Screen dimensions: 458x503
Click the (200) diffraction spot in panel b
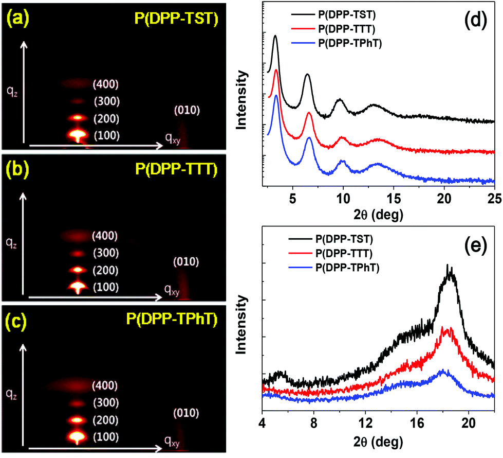(78, 269)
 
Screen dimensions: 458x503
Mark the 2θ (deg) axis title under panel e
(378, 441)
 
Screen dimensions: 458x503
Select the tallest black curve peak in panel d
(275, 36)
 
